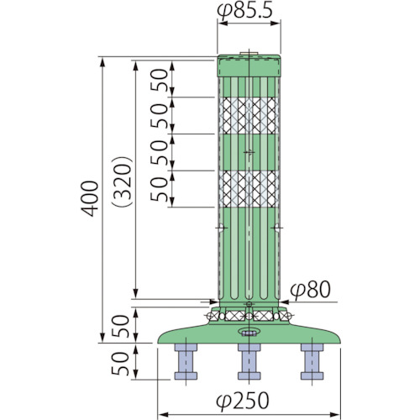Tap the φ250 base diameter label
point(243,401)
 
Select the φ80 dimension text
point(310,290)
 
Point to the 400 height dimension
point(90,199)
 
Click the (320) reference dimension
point(122,181)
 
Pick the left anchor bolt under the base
point(186,361)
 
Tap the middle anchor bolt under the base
point(249,361)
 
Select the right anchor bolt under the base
point(312,361)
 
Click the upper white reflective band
point(249,116)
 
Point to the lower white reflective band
point(249,189)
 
